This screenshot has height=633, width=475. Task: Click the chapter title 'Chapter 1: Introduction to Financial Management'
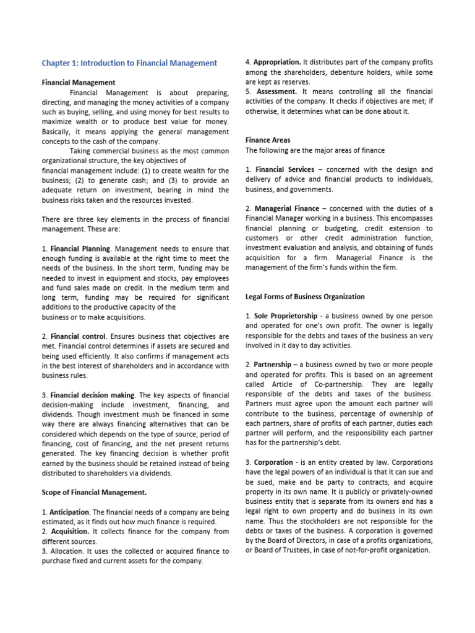(129, 63)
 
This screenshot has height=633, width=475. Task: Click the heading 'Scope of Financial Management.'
(94, 493)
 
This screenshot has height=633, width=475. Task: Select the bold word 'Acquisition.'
(71, 532)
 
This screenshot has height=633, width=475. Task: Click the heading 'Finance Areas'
(268, 140)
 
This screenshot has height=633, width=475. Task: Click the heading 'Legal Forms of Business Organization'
(305, 297)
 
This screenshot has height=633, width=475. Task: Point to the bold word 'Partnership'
(272, 365)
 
